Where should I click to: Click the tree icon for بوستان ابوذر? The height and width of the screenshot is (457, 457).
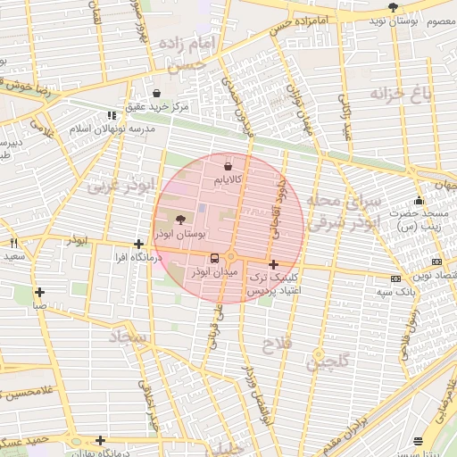point(181,219)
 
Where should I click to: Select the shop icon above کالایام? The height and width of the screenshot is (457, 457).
point(228,166)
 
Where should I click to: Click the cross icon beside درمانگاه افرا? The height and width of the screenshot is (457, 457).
point(138,244)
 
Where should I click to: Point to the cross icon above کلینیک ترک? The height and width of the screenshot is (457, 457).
point(273,264)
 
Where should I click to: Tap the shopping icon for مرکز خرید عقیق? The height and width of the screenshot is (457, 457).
point(157,93)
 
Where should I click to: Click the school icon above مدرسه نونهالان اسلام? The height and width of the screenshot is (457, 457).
point(112,115)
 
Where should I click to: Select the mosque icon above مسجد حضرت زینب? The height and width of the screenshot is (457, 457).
point(419,200)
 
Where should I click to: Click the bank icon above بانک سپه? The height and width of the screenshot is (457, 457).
point(395,278)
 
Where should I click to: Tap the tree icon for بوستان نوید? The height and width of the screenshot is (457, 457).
point(393,7)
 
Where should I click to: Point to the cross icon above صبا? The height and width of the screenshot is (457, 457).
point(39,292)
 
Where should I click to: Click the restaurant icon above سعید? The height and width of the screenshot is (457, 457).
point(13,243)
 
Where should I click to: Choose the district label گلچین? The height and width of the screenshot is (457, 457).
point(328,361)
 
